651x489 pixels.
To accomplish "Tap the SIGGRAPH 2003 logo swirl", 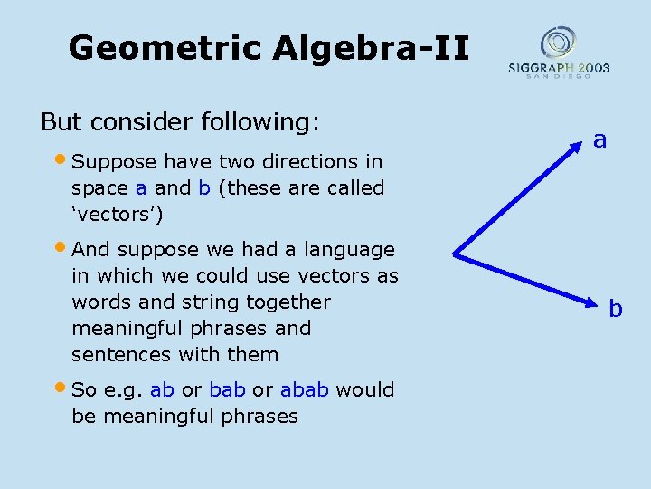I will tap(558, 42).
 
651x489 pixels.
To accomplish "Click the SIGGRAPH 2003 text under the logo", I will tap(558, 68).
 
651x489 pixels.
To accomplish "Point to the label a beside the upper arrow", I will tap(599, 139).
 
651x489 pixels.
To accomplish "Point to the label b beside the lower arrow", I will tap(615, 309).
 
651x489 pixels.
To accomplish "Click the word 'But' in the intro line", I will tap(61, 121).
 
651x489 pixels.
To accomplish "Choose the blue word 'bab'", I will tap(227, 390).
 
